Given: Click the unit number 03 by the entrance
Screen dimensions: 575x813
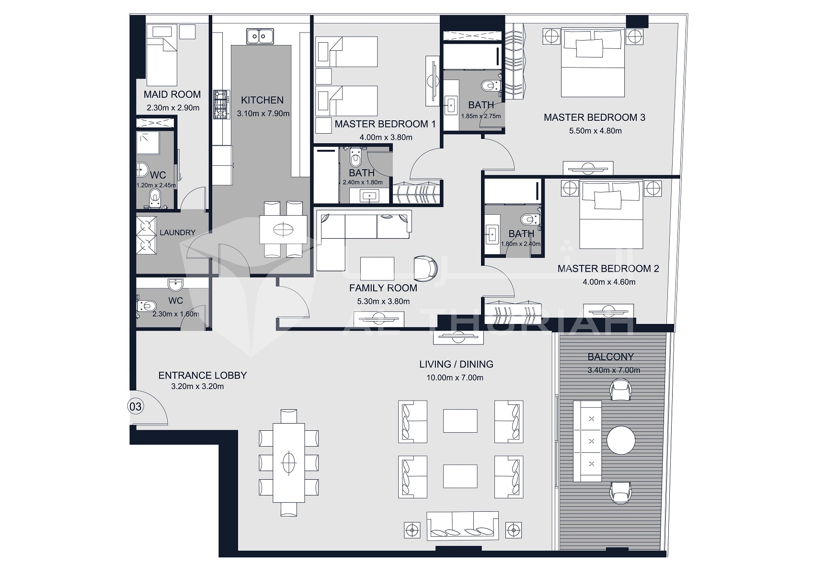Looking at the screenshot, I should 136,407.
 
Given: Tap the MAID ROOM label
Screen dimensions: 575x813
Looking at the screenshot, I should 172,94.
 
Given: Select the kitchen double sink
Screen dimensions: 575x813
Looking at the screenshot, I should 260,36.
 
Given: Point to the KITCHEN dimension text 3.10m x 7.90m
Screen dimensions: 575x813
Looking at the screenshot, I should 263,114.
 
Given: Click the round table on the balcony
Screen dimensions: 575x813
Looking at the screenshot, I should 621,439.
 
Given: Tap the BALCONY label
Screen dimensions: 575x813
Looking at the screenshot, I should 610,357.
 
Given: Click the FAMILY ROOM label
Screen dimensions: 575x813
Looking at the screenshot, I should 383,288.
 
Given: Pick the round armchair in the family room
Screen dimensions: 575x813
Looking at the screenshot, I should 425,267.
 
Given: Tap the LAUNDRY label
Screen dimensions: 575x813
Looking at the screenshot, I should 177,232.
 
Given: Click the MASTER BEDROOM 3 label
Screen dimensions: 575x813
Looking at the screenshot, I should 594,117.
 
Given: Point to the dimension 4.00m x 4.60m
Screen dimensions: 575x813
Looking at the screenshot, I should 608,282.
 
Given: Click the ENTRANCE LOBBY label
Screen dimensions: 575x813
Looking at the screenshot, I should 202,376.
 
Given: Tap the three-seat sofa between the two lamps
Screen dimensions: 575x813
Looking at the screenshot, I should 462,526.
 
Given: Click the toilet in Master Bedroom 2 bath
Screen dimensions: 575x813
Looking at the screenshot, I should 529,220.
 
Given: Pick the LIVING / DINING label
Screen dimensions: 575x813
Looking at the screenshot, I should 456,364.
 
